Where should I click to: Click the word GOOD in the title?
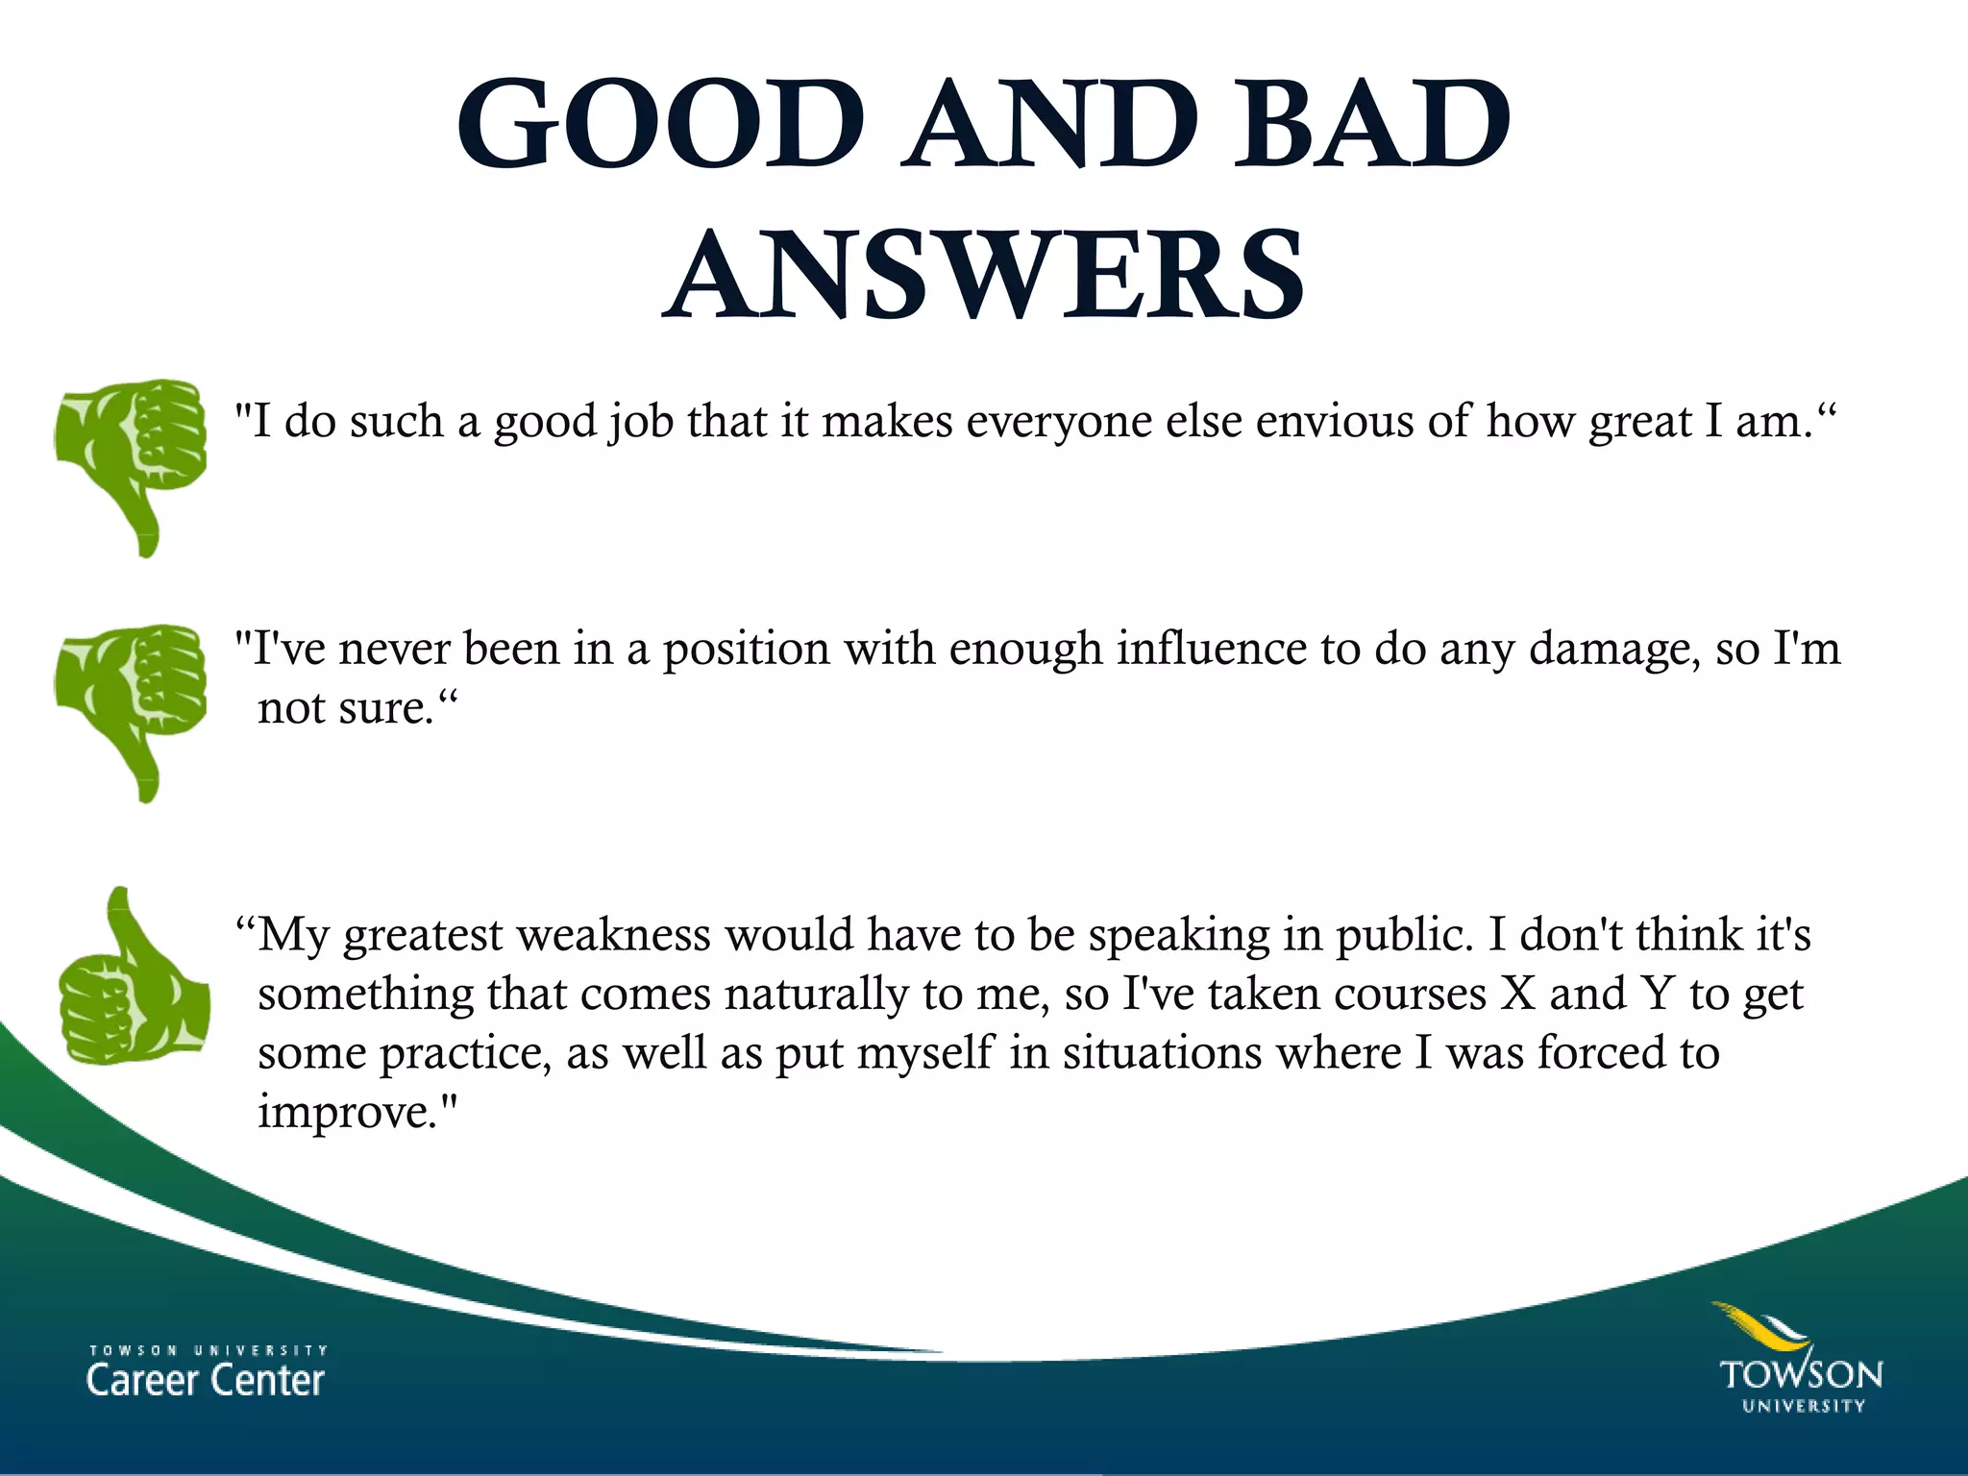pos(661,127)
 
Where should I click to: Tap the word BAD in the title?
pos(1372,127)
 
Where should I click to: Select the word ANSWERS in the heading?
pos(984,275)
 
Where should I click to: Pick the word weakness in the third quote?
pos(613,934)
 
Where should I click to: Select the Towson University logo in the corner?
pos(1801,1359)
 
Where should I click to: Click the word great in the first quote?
pos(1639,421)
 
